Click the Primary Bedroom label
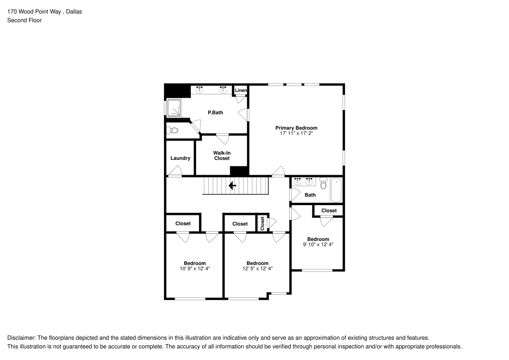coord(296,128)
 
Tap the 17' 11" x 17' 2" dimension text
coord(296,134)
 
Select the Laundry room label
coord(180,158)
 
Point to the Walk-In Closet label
coord(221,155)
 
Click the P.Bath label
coord(215,113)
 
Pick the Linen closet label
coord(241,91)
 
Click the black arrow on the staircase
coord(233,186)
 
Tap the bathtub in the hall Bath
coord(337,190)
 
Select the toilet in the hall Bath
coord(323,184)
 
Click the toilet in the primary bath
coord(173,130)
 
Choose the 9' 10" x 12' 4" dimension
coord(318,245)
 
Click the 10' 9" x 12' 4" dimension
coord(194,269)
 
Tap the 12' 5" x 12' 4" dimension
coord(257,269)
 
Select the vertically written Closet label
coord(263,223)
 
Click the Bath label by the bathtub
coord(310,195)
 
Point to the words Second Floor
coord(24,20)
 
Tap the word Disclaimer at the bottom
coord(21,338)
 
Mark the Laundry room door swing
coord(175,174)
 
